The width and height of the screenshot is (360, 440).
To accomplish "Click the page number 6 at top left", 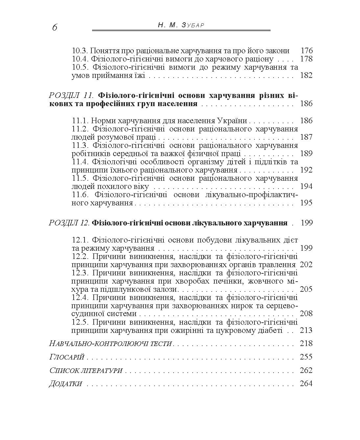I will pyautogui.click(x=55, y=28).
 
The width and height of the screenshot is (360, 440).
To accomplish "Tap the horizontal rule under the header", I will pyautogui.click(x=181, y=31).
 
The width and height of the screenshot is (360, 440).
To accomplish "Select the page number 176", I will pyautogui.click(x=306, y=51).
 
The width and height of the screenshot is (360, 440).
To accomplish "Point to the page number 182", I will pyautogui.click(x=306, y=76).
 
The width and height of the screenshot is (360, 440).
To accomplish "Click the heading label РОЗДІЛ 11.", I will pyautogui.click(x=71, y=96).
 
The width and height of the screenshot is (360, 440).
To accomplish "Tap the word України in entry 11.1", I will pyautogui.click(x=232, y=120).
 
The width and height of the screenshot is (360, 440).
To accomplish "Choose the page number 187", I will pyautogui.click(x=306, y=137).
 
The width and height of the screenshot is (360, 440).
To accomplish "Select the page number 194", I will pyautogui.click(x=306, y=186).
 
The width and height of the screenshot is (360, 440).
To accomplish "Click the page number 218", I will pyautogui.click(x=306, y=344).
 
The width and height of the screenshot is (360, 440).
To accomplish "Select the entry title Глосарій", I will pyautogui.click(x=67, y=357).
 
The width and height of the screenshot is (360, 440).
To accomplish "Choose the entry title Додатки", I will pyautogui.click(x=66, y=384).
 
